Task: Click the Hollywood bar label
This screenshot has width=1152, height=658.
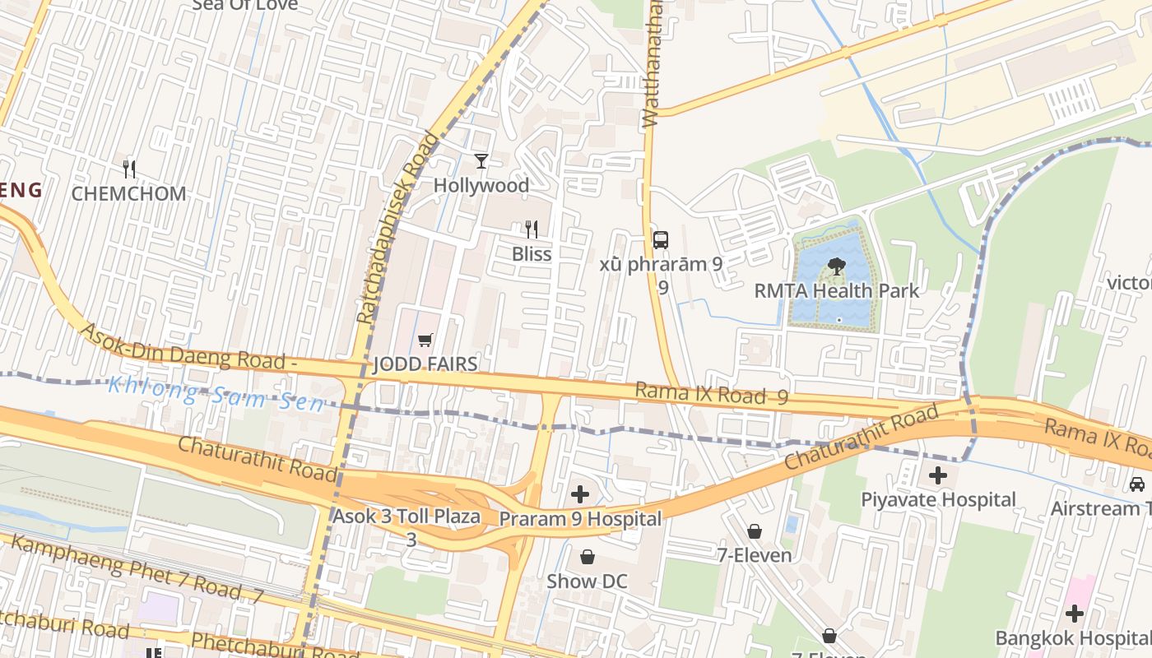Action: pyautogui.click(x=481, y=186)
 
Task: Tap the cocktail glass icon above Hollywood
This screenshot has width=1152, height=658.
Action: pyautogui.click(x=481, y=161)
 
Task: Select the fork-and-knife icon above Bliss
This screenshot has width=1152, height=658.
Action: pyautogui.click(x=532, y=229)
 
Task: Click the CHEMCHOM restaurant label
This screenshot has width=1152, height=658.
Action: pyautogui.click(x=128, y=194)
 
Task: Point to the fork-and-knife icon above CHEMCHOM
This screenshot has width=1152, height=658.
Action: pyautogui.click(x=128, y=169)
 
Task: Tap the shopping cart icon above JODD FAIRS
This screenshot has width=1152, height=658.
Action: pyautogui.click(x=425, y=340)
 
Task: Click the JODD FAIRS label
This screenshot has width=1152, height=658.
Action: pyautogui.click(x=425, y=364)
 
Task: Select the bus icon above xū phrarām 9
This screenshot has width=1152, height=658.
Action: pyautogui.click(x=660, y=240)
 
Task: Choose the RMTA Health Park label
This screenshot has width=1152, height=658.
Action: pyautogui.click(x=837, y=291)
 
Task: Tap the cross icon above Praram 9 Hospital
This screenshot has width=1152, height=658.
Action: pyautogui.click(x=580, y=494)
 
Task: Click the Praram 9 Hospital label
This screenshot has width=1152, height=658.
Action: pyautogui.click(x=580, y=519)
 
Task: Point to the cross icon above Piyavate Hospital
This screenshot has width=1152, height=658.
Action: pyautogui.click(x=938, y=475)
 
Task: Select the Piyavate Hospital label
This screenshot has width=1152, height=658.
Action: pyautogui.click(x=938, y=500)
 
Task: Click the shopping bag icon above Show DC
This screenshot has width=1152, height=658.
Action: pyautogui.click(x=588, y=558)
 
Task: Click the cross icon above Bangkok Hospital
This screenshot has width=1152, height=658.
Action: pyautogui.click(x=1074, y=614)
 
